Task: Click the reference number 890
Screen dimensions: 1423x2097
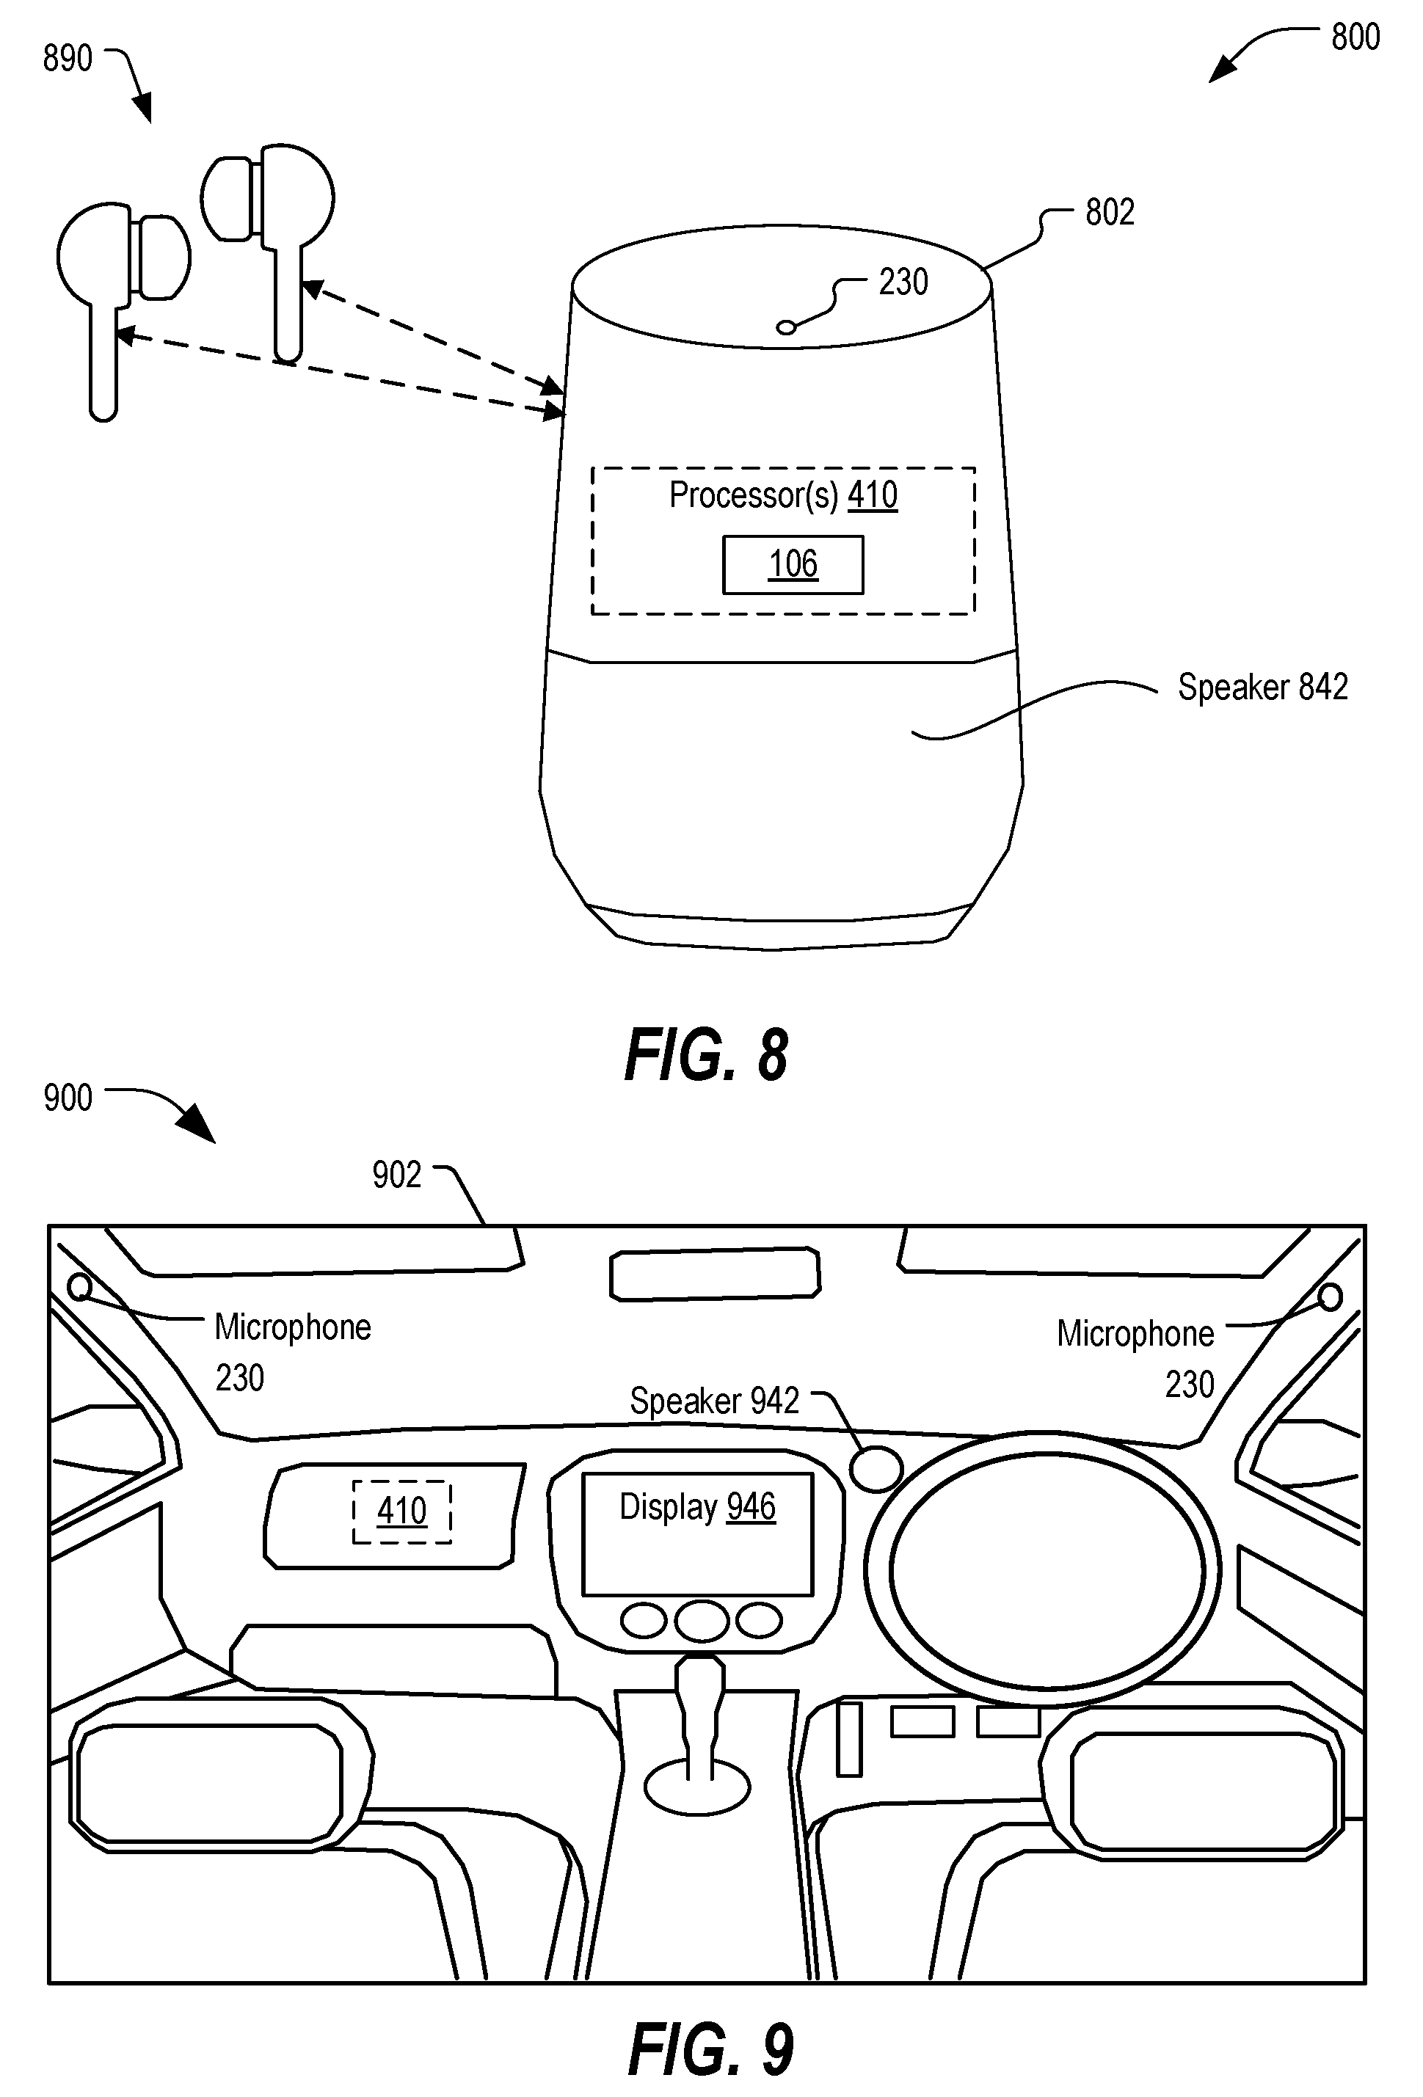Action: pos(68,59)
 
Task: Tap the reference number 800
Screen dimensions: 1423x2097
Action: pos(1355,37)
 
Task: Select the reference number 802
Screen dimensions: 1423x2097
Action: pos(1110,212)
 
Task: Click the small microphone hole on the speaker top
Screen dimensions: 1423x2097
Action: pos(786,327)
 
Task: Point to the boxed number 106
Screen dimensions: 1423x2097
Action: pos(793,565)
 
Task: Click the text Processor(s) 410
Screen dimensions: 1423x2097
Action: pos(783,495)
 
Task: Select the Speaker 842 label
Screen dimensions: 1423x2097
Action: pos(1263,688)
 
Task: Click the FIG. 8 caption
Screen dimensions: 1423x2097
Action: pos(707,1055)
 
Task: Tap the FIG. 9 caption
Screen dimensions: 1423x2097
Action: pos(711,2050)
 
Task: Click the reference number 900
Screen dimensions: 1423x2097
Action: pos(68,1098)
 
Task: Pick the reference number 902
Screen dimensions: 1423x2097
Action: pos(397,1175)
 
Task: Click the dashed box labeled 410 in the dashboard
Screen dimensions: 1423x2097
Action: pos(401,1511)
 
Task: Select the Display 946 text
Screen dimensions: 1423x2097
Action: pos(697,1507)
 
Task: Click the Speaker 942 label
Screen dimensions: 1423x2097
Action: pos(715,1401)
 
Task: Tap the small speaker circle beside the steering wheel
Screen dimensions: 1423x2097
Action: pos(876,1469)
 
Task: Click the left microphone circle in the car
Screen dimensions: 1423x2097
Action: pos(79,1285)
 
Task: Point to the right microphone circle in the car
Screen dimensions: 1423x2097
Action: pos(1329,1297)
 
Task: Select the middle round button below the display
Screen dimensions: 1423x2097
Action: pos(701,1622)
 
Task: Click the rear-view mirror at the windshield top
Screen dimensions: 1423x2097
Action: pos(715,1273)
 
